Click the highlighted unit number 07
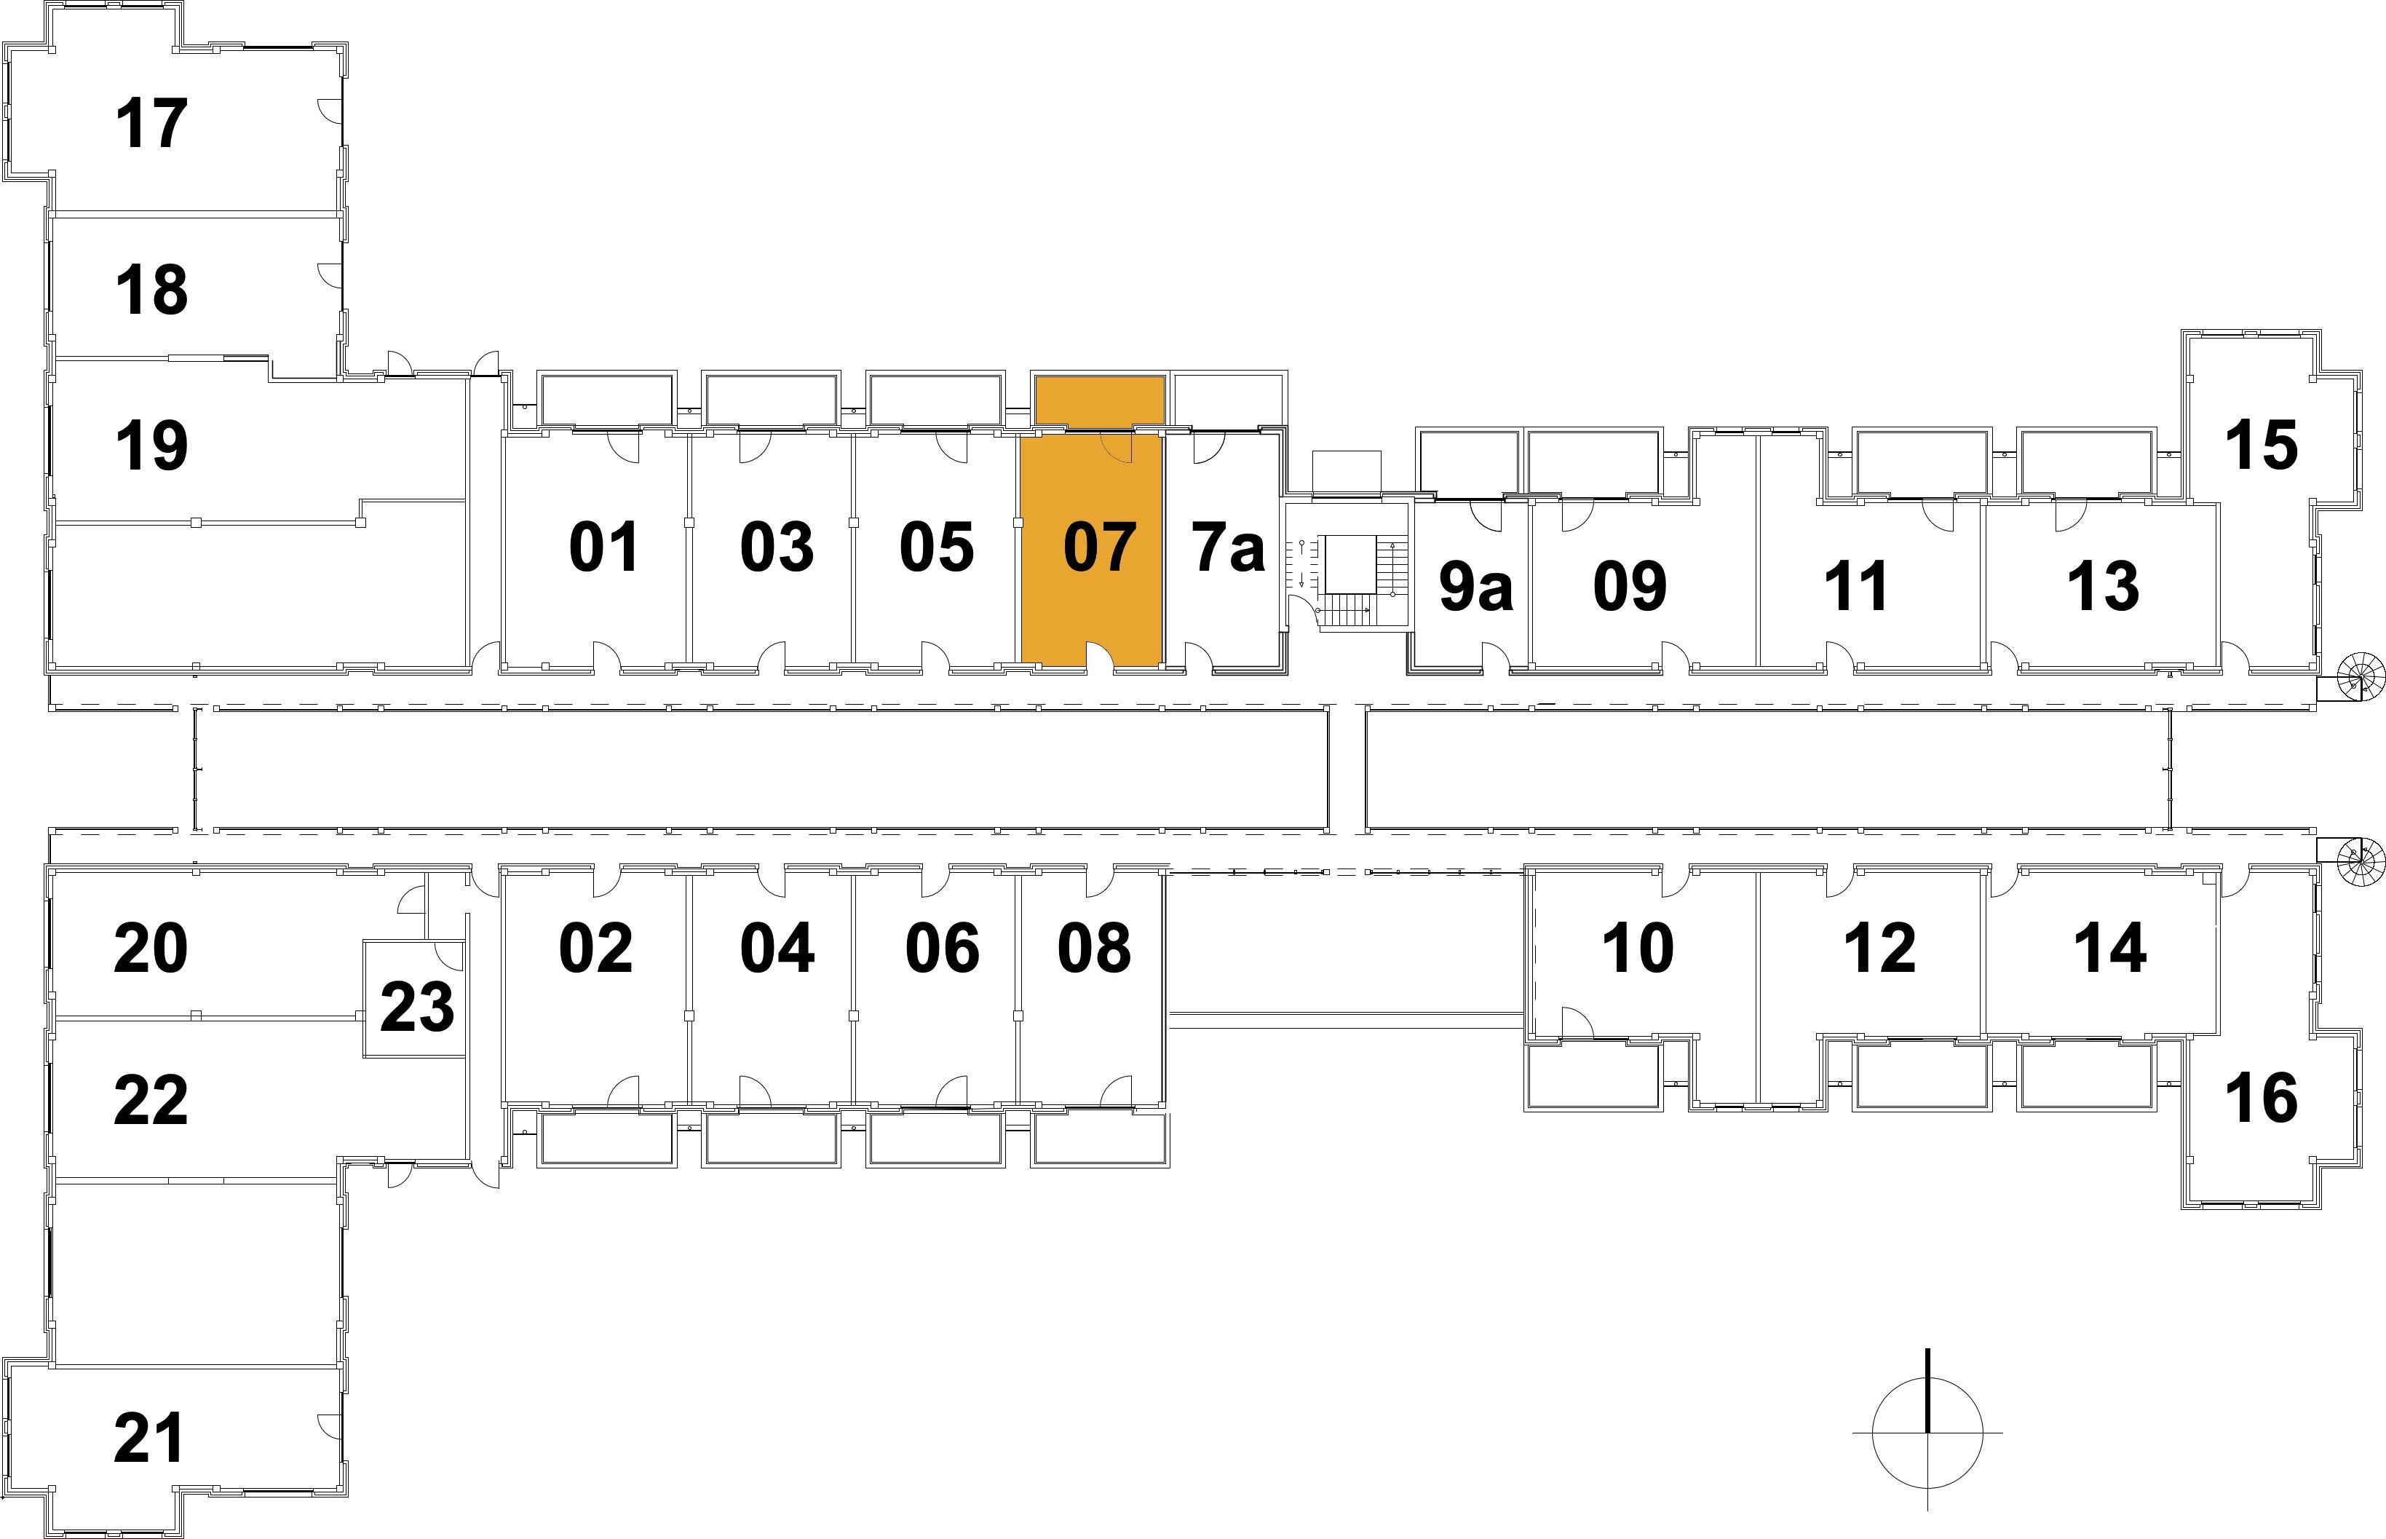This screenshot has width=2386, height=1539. [x=1099, y=547]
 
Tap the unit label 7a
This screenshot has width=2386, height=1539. [x=1228, y=547]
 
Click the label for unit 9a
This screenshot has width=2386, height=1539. [x=1475, y=587]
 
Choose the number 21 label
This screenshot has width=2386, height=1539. [x=150, y=1438]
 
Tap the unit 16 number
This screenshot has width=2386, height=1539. [x=2261, y=1097]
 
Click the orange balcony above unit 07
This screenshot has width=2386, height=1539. [x=1099, y=400]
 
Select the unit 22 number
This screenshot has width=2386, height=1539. [x=151, y=1100]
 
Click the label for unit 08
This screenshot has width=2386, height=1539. [x=1094, y=947]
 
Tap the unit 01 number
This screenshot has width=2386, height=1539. [x=604, y=547]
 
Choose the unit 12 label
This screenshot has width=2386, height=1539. [x=1879, y=947]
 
